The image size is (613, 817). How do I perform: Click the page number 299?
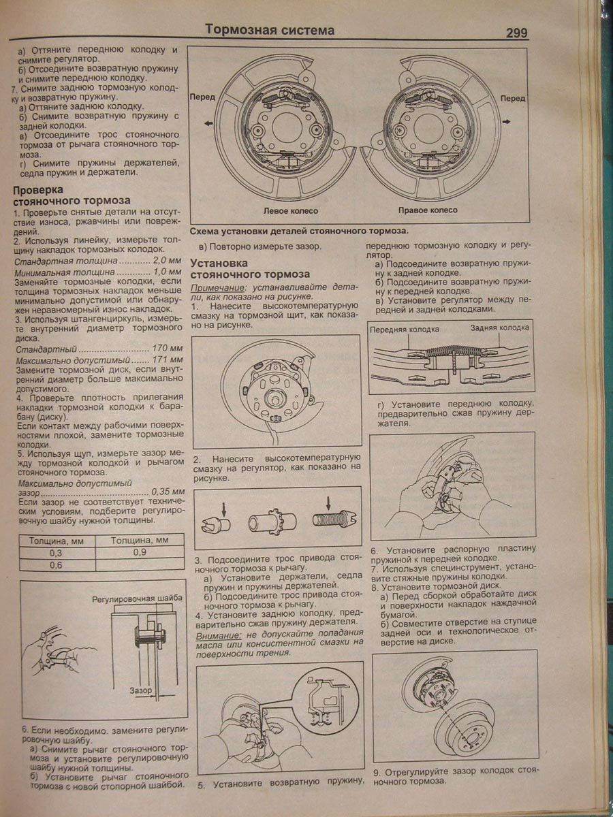click(x=516, y=33)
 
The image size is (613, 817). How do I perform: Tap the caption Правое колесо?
click(x=428, y=210)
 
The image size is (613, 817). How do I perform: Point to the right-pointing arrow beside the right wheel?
click(x=507, y=120)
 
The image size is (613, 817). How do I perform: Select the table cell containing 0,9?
click(x=141, y=552)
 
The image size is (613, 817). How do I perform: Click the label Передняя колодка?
click(x=405, y=329)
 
